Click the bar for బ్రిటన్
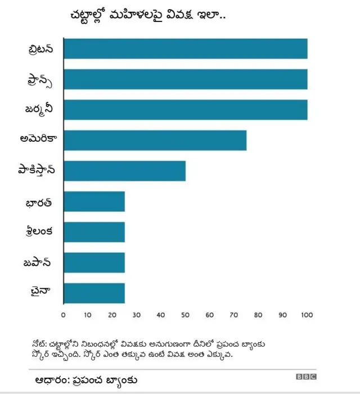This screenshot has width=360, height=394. pyautogui.click(x=185, y=49)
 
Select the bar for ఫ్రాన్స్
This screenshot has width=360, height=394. pyautogui.click(x=185, y=79)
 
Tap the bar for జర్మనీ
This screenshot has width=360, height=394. pyautogui.click(x=185, y=110)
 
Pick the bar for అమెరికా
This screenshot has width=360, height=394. pyautogui.click(x=155, y=140)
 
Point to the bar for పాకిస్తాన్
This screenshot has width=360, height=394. pyautogui.click(x=124, y=171)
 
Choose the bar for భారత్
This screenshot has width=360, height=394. pyautogui.click(x=94, y=202)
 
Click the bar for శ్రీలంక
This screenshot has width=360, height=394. pyautogui.click(x=94, y=232)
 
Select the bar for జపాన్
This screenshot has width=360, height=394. pyautogui.click(x=94, y=262)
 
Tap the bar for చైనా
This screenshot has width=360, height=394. pyautogui.click(x=94, y=293)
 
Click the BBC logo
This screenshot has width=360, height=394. pyautogui.click(x=306, y=377)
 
